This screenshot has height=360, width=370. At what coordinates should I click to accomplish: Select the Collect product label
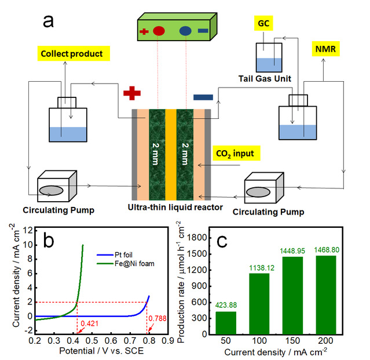pyautogui.click(x=72, y=54)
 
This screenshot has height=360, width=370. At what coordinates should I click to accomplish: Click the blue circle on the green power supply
pyautogui.click(x=185, y=31)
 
